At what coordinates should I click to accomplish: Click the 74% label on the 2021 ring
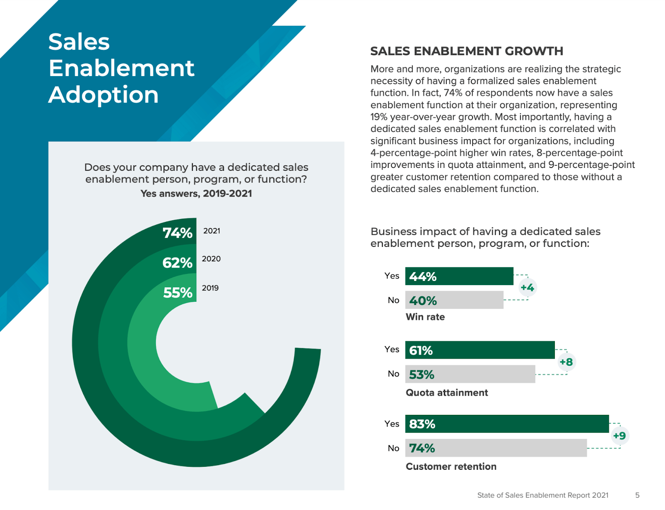[x=177, y=233]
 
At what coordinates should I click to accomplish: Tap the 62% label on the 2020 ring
[x=177, y=263]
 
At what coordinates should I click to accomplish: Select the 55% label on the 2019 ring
[x=178, y=293]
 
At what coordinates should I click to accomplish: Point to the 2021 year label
[x=212, y=231]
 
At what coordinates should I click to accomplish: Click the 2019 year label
[x=210, y=288]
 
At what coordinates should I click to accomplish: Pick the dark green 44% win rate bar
[x=459, y=276]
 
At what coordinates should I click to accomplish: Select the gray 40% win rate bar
[x=454, y=300]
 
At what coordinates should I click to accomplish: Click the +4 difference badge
[x=527, y=287]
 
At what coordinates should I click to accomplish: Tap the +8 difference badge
[x=566, y=362]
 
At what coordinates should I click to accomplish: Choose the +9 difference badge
[x=619, y=436]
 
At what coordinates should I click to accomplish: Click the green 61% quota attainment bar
[x=480, y=350]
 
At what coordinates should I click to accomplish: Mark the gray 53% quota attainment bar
[x=470, y=374]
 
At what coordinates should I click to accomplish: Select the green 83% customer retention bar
[x=507, y=424]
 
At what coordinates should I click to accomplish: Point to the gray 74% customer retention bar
[x=496, y=448]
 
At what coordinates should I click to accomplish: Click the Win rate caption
[x=425, y=317]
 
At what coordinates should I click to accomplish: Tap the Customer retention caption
[x=451, y=466]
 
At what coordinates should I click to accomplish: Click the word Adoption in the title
[x=103, y=95]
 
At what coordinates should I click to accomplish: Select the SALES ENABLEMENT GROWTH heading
[x=467, y=51]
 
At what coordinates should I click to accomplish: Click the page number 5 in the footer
[x=637, y=495]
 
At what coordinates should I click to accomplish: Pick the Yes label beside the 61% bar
[x=392, y=349]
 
